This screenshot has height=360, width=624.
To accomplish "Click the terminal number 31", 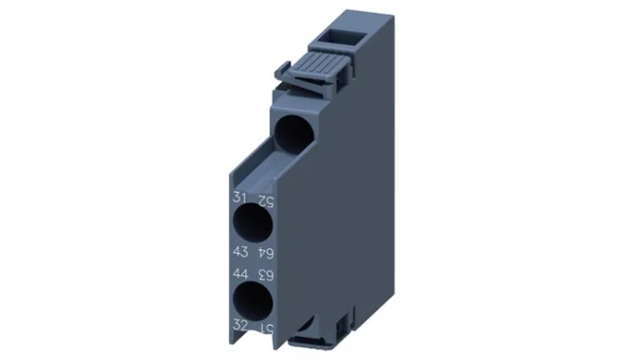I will pyautogui.click(x=239, y=198).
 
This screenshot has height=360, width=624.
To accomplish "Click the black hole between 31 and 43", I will pyautogui.click(x=251, y=223).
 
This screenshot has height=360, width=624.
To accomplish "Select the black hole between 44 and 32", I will pyautogui.click(x=251, y=297).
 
